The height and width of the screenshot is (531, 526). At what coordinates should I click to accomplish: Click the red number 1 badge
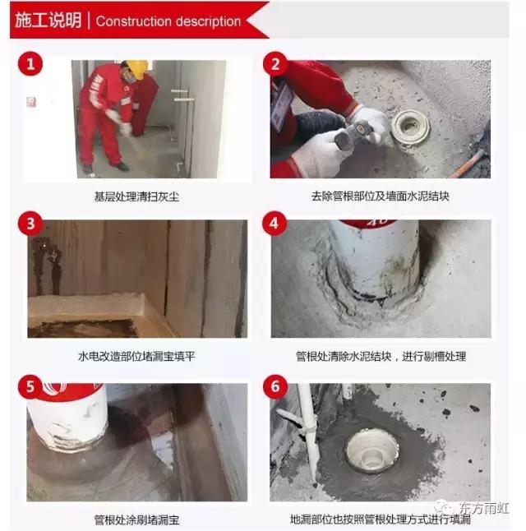tap(30, 64)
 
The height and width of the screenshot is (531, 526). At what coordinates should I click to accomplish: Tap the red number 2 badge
tap(276, 64)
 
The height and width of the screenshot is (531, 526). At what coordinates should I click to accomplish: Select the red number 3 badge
tap(30, 224)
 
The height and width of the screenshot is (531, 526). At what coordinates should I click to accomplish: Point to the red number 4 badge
tap(276, 224)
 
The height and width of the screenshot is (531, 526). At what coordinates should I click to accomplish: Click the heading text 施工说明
tap(48, 21)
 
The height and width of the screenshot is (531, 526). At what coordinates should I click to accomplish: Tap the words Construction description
tap(168, 21)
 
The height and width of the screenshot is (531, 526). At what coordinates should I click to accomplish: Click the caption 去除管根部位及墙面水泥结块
tap(380, 196)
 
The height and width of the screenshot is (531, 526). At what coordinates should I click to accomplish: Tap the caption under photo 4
tap(381, 357)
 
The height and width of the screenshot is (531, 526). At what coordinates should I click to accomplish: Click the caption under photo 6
tap(381, 519)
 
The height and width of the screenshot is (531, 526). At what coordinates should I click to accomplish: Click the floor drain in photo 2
tap(409, 127)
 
